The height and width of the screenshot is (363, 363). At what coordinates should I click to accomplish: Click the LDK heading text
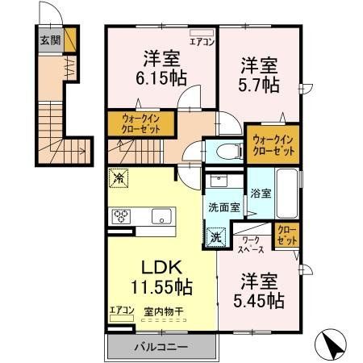coord(154,265)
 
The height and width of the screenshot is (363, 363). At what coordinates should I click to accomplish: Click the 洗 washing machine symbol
coord(215,237)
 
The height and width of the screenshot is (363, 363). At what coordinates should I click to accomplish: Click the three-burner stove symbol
coord(122,215)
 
